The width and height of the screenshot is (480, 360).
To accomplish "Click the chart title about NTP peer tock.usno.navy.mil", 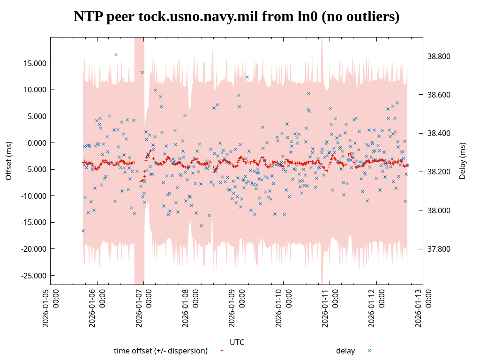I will pos(237,17).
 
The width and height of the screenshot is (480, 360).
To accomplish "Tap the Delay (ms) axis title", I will pos(463,161).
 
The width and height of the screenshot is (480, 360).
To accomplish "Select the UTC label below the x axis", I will pos(237,342).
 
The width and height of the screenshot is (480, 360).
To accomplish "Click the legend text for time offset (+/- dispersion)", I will pos(161,351).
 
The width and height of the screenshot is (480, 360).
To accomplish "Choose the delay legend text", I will pos(345,351).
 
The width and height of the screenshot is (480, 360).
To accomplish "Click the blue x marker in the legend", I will pos(369,350).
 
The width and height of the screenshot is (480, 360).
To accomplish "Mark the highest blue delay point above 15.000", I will pos(116,54).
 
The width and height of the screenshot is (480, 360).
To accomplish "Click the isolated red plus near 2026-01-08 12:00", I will pos(212,124).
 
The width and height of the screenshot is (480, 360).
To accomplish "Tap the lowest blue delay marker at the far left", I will pos(83,231).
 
